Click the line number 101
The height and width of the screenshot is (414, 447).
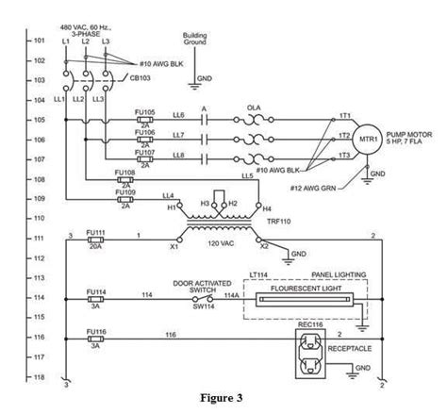(39, 41)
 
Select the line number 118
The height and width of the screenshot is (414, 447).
(39, 375)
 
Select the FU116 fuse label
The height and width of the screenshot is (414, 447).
(95, 332)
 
